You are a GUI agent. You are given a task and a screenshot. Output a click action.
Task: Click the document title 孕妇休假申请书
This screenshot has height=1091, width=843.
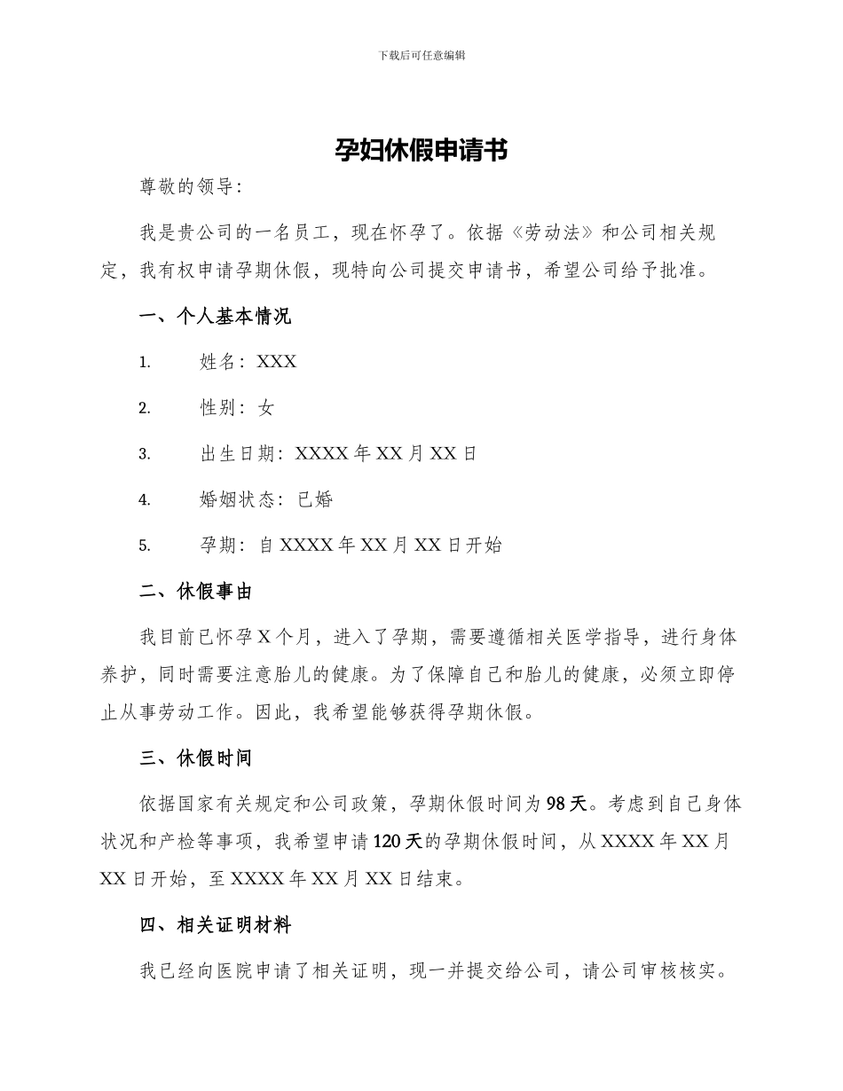point(421,150)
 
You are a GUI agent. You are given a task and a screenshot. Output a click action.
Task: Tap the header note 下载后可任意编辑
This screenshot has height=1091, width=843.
point(421,55)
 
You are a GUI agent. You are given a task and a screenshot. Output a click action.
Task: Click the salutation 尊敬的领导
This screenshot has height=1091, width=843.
point(186,187)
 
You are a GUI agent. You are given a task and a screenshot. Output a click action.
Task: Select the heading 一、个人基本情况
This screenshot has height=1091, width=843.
point(216,317)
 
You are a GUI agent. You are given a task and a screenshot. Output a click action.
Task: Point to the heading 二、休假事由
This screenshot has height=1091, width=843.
point(196,592)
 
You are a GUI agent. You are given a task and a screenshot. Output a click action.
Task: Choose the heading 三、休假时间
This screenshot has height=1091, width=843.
point(196,758)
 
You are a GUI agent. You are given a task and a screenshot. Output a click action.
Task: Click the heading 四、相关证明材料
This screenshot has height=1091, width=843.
point(216,925)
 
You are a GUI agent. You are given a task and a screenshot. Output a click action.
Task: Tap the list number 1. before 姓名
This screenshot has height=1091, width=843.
point(145,362)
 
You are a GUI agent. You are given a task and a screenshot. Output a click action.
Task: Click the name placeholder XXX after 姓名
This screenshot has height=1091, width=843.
point(277,362)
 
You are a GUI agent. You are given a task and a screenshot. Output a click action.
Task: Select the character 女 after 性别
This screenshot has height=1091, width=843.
point(266,408)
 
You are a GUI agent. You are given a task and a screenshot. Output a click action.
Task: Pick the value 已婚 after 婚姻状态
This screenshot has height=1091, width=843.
point(315,499)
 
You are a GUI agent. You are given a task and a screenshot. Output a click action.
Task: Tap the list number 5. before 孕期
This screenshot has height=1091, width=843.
point(145,545)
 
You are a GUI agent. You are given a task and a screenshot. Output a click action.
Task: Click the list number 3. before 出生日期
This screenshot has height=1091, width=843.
point(145,454)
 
